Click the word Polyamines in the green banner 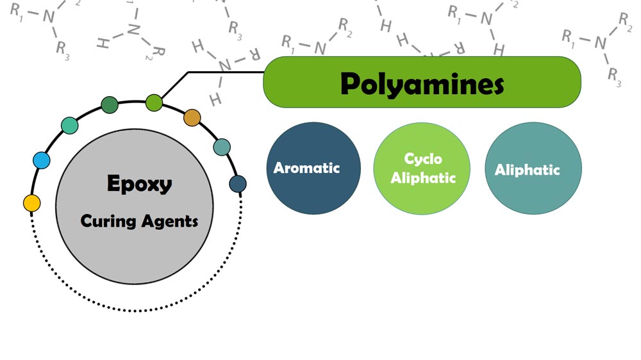click(x=422, y=84)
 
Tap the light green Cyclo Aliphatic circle click(x=422, y=168)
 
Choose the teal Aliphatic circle click(x=533, y=168)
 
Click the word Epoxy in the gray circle click(x=139, y=184)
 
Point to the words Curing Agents click(x=139, y=222)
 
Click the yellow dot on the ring click(x=32, y=203)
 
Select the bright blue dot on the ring click(x=41, y=160)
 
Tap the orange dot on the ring click(x=192, y=118)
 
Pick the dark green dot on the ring click(x=110, y=105)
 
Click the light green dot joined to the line click(x=154, y=101)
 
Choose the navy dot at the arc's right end click(x=238, y=184)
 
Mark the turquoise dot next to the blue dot click(x=69, y=126)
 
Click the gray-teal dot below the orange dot click(x=222, y=147)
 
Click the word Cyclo click(x=422, y=159)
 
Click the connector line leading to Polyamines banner click(x=224, y=72)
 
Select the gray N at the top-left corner click(x=49, y=17)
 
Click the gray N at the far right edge click(x=600, y=42)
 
